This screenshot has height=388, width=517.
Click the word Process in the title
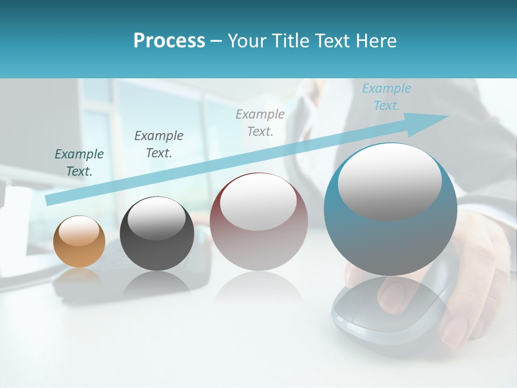point(169,41)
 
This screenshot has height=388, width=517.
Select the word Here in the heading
point(375,41)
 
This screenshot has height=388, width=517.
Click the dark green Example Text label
point(79,162)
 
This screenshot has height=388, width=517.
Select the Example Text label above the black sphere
point(158,144)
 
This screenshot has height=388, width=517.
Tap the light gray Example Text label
point(260,122)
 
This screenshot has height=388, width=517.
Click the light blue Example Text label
point(386,97)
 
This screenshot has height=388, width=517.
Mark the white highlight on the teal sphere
point(389,182)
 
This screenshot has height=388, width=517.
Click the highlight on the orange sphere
point(79,231)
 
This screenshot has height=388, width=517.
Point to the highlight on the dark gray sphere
point(157,218)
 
